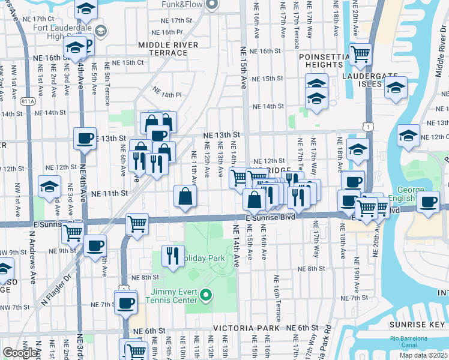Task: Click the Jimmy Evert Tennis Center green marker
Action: point(206,294)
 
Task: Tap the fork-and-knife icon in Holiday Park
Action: point(172,256)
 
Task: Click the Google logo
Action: point(20,352)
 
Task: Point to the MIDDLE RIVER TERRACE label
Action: point(163,49)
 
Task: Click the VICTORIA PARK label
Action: point(246,329)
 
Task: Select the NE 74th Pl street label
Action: point(166,93)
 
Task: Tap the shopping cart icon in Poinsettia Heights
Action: point(360,55)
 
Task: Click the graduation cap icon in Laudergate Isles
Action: point(396,89)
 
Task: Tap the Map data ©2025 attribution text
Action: point(424,355)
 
